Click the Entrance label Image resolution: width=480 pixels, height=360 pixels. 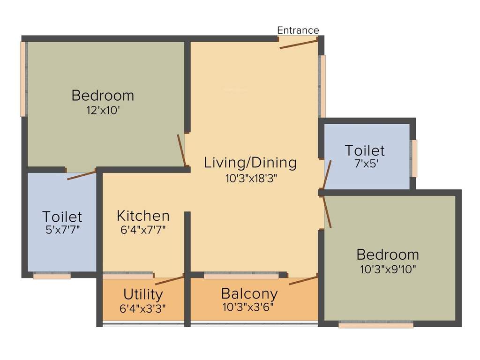(x=298, y=30)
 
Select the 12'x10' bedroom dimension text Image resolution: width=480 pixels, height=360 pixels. (x=102, y=111)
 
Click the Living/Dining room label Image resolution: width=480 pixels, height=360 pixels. (x=250, y=163)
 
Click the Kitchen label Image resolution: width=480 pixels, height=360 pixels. (x=143, y=216)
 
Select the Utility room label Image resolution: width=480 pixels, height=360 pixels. (x=143, y=294)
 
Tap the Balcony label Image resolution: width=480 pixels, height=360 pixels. (x=249, y=294)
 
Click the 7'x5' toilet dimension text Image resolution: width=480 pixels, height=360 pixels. (x=365, y=164)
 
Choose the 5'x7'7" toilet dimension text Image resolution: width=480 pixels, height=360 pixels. (x=62, y=230)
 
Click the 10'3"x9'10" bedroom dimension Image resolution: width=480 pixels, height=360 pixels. (x=388, y=269)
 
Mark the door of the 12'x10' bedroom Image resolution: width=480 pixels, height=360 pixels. (x=182, y=150)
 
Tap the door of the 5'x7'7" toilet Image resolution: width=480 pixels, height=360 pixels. (x=82, y=176)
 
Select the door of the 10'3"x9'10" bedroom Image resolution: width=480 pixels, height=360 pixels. (x=327, y=212)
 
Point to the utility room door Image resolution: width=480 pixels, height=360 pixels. (x=169, y=280)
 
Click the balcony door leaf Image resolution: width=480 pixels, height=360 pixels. (x=303, y=281)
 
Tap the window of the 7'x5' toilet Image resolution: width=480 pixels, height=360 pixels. (x=414, y=158)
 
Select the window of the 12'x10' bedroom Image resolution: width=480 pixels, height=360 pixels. (x=23, y=79)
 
